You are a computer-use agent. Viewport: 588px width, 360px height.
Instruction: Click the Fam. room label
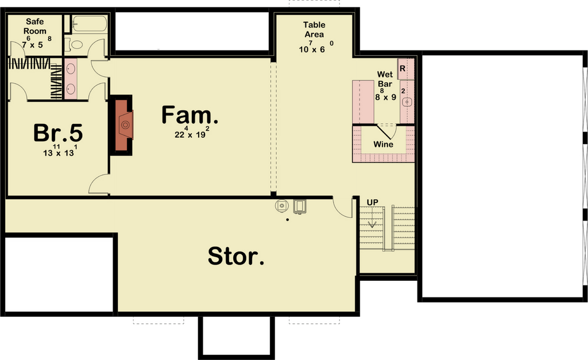tap(189, 115)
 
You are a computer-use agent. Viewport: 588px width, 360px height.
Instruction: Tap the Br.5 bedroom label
tap(58, 133)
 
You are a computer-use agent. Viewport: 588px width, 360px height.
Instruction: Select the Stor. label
tap(236, 256)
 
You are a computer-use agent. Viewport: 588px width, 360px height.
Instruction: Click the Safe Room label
tap(35, 26)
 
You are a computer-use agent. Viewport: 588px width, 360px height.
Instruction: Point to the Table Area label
tap(314, 30)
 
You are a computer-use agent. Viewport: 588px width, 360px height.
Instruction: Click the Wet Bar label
tap(385, 79)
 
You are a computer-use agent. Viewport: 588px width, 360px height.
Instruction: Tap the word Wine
tap(383, 144)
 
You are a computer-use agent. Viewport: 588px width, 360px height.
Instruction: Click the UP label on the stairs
tap(372, 203)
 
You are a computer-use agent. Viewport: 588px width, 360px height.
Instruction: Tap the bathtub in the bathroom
tap(89, 23)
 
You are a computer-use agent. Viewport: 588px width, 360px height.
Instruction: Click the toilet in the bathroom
tap(74, 45)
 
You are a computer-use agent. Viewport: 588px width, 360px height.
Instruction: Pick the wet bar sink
tap(407, 102)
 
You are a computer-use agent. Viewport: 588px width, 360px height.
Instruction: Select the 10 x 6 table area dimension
tap(316, 47)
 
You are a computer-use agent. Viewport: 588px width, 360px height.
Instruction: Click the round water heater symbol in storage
tap(281, 206)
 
